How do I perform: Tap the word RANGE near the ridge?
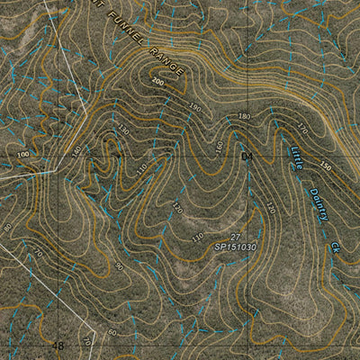click(x=166, y=60)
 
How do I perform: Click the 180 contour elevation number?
click(x=243, y=117)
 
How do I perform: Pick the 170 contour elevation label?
click(x=301, y=129)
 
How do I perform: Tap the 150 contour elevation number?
click(x=324, y=166)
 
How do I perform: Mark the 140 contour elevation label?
click(x=76, y=149)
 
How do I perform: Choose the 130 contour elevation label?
click(x=123, y=129)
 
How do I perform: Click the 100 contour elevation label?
click(x=22, y=155)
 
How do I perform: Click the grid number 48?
click(x=58, y=346)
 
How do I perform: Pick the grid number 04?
click(x=249, y=157)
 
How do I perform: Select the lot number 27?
click(x=236, y=236)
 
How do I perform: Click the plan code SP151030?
click(x=235, y=247)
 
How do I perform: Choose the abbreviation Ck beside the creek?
click(x=336, y=246)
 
